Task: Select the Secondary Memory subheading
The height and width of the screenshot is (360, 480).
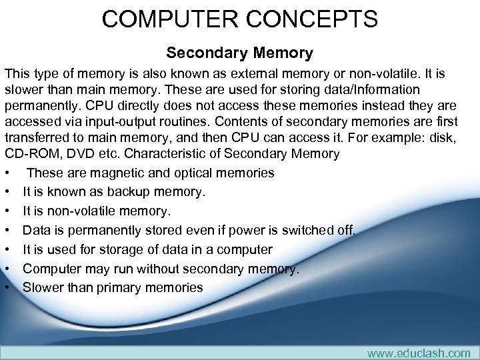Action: tap(239, 51)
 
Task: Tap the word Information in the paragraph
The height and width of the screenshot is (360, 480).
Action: tap(383, 89)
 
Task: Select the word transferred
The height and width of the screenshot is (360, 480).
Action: tap(35, 139)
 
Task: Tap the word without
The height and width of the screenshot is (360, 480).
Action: tap(149, 269)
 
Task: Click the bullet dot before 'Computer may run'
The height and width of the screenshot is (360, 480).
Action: tap(6, 269)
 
